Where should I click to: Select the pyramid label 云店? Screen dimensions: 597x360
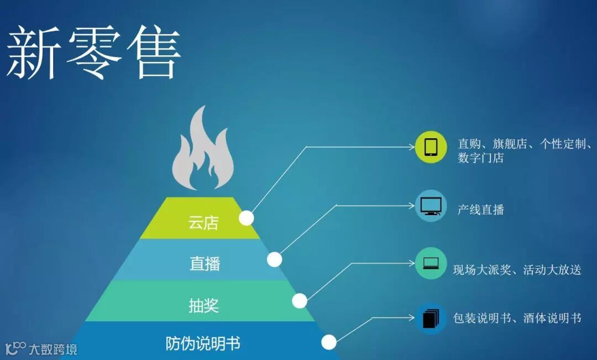coord(203,223)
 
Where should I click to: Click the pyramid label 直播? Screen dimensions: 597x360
coord(205,264)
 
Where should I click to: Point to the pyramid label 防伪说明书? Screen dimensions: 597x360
coord(203,343)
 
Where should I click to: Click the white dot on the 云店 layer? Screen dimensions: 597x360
coord(247,218)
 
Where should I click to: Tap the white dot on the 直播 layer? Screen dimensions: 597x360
coord(274,259)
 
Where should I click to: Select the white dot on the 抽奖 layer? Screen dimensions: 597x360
coord(300,301)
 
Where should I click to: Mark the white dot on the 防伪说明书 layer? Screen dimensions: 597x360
coord(329,342)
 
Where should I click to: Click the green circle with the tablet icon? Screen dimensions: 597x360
coord(431,147)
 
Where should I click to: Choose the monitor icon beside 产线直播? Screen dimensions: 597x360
coord(431,206)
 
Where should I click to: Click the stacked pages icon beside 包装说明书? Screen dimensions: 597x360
coord(431,319)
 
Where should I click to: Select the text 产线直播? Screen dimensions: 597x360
coord(480,210)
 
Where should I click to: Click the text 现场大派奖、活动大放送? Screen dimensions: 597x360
coord(517,270)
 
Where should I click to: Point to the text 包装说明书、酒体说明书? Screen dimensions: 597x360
coord(517,318)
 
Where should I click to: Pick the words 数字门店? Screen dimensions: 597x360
coord(480,158)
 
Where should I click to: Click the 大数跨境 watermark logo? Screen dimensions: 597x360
coord(41,348)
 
